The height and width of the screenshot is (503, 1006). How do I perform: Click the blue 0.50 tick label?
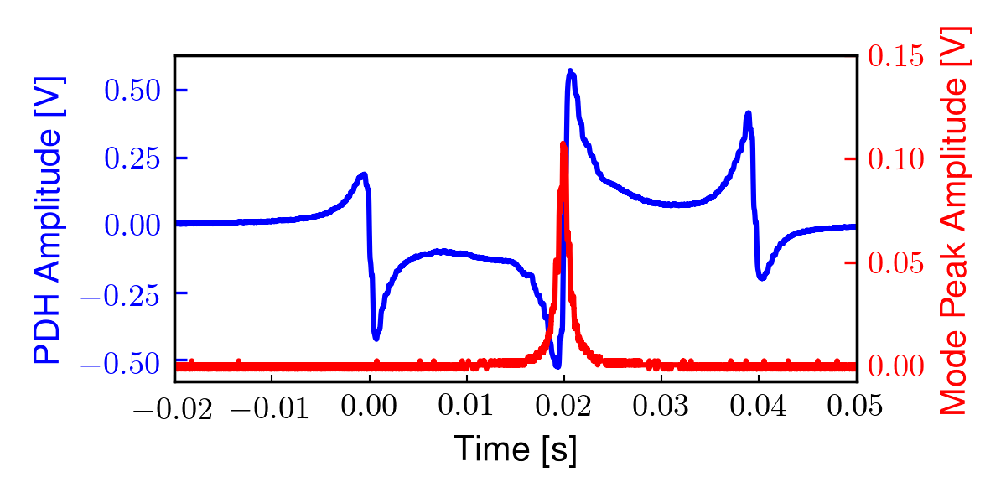click(133, 90)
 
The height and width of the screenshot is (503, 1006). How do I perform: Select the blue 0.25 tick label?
click(133, 158)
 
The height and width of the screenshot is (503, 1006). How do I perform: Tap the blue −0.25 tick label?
click(122, 293)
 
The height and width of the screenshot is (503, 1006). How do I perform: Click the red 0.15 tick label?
click(896, 56)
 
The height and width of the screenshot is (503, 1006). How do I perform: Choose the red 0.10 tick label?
click(896, 159)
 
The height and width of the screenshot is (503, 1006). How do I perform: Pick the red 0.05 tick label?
click(896, 262)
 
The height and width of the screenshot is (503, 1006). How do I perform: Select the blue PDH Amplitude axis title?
click(49, 220)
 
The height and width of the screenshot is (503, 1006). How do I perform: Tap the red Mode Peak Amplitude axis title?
click(954, 220)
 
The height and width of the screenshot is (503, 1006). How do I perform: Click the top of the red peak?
click(563, 144)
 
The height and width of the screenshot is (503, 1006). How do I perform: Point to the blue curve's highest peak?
click(570, 71)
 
